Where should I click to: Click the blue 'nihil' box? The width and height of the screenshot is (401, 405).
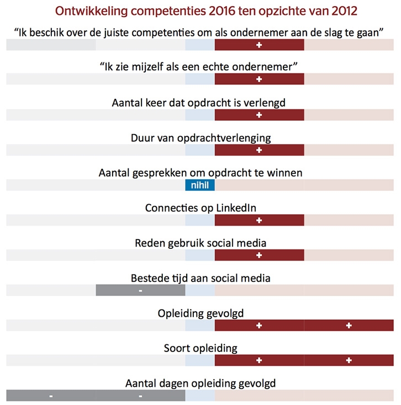pos(200,185)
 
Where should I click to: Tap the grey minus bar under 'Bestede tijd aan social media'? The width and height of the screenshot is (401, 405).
pos(140,290)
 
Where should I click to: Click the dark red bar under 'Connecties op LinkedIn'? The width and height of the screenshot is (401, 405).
pos(259,220)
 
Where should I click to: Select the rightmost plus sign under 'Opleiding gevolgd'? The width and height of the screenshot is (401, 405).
pos(349,326)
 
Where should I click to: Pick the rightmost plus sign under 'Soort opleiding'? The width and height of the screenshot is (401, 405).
pos(349,360)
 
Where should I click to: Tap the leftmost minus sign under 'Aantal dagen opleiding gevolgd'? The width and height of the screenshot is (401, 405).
pos(51,396)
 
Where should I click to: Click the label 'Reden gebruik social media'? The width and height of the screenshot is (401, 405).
pos(200,243)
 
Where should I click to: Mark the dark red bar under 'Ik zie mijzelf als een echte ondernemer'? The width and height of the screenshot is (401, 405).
pos(259,79)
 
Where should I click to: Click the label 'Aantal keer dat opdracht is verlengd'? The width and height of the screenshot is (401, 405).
pos(200,102)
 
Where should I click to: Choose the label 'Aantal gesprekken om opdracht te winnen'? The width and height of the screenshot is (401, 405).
pos(200,173)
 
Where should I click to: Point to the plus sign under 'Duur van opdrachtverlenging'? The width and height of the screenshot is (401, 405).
pos(259,150)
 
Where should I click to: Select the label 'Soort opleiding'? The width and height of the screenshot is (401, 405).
pos(200,348)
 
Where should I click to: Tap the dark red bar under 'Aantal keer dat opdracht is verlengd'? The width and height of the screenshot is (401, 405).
pos(259,115)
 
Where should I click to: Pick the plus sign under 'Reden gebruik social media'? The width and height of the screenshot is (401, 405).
pos(259,255)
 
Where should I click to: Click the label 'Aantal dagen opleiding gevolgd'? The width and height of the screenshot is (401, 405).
pos(200,383)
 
